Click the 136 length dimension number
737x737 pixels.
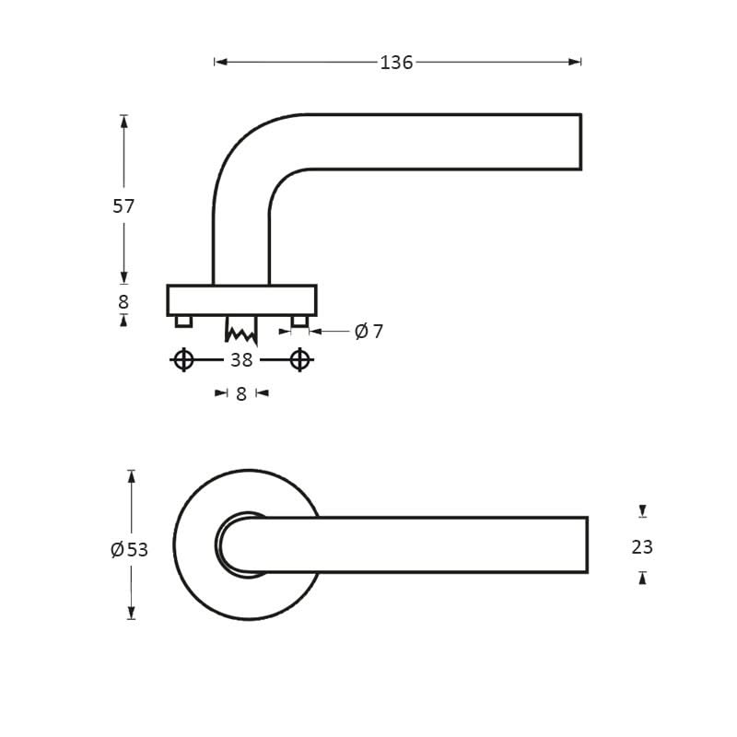396,63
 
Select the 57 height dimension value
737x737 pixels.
123,206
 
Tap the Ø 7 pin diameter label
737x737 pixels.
368,332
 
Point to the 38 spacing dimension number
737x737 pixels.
241,360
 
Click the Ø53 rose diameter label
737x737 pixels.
129,550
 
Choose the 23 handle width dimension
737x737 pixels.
642,547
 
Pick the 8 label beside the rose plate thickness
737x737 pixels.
123,302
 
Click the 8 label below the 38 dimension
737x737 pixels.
241,394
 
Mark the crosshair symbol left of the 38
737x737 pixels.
183,359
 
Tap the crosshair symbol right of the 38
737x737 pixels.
299,359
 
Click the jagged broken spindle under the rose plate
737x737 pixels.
241,330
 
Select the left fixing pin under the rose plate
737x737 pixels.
183,321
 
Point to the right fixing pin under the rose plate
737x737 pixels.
299,321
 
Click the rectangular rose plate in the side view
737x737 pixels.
241,300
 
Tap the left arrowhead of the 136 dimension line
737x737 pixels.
220,62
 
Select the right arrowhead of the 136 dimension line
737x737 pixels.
575,62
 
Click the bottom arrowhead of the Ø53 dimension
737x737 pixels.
132,613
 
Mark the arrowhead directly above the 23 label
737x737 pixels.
642,511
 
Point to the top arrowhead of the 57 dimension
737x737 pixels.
123,121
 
